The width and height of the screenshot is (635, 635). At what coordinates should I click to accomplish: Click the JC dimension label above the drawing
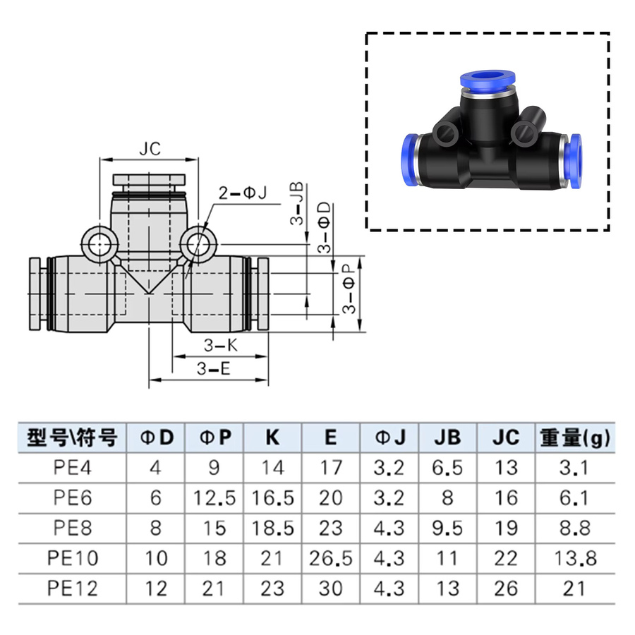[150, 149]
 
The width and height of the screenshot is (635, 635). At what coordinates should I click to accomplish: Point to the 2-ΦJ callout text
[243, 193]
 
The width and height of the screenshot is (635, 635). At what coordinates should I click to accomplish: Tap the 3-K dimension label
[221, 346]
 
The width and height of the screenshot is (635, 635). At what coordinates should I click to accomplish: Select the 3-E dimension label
[213, 369]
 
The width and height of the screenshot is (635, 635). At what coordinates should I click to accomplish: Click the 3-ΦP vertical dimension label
[349, 289]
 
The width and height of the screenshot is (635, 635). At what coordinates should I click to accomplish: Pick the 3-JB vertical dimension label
[297, 203]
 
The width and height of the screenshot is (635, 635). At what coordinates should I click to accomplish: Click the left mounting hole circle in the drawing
[99, 245]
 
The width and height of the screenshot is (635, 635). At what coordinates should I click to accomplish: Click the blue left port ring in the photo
[410, 160]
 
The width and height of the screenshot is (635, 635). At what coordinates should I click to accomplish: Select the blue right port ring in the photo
[574, 161]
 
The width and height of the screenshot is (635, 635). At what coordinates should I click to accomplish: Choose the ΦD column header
[157, 437]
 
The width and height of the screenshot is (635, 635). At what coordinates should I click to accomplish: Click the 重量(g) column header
[575, 437]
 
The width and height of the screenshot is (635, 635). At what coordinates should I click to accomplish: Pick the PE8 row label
[73, 528]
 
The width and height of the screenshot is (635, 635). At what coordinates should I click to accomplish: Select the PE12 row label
[73, 588]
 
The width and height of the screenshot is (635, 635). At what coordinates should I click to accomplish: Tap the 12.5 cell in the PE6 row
[214, 497]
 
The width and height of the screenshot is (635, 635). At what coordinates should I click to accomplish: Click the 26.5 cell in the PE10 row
[331, 558]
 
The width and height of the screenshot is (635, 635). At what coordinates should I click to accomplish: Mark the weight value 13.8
[575, 558]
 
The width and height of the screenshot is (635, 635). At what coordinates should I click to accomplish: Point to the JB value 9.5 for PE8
[447, 528]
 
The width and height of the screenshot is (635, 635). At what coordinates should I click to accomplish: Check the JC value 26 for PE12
[506, 588]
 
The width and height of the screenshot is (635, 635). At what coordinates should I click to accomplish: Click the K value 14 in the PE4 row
[272, 468]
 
